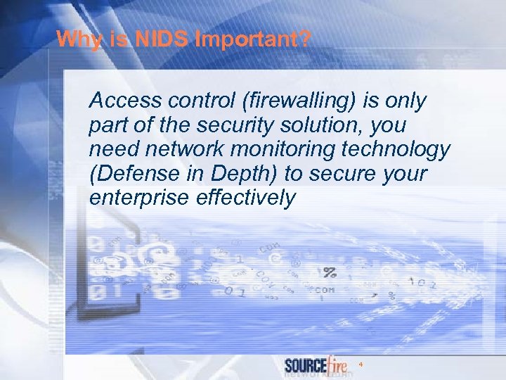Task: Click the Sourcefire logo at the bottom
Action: (316, 365)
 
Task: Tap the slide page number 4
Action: (361, 365)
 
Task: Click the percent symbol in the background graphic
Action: (329, 271)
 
